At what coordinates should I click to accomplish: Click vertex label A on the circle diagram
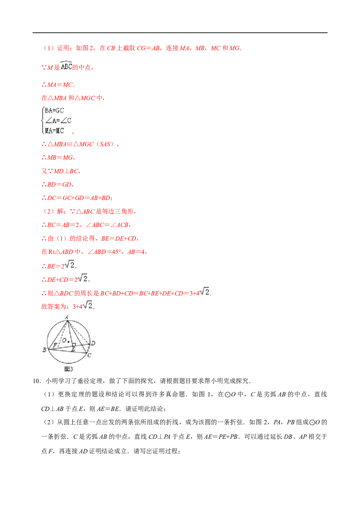coord(67,317)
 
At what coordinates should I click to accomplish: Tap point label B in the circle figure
coord(44,350)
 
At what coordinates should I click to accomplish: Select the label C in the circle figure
coord(90,356)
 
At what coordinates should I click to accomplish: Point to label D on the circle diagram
coord(93,343)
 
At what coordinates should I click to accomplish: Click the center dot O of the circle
coord(68,341)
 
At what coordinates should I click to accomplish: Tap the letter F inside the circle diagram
coord(55,345)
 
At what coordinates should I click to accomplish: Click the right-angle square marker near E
coord(74,345)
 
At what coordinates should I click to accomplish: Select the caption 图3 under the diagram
coord(68,369)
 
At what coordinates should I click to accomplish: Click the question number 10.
coord(36,381)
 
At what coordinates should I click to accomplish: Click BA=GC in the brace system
coord(54,111)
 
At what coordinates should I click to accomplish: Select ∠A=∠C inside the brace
coord(58,121)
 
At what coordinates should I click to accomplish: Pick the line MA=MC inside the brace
coord(54,131)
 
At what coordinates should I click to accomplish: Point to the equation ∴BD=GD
coord(57,185)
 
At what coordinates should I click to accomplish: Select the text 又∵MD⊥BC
coord(60,171)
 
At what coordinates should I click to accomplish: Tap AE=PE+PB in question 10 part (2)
coord(221,437)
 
